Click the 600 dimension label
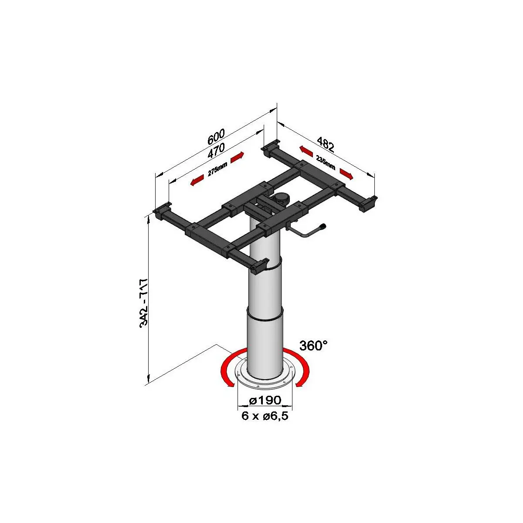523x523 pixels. coord(216,136)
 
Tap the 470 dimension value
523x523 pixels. coord(216,150)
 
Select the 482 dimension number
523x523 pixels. coord(325,144)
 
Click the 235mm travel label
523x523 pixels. coord(326,162)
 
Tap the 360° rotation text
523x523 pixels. coord(313,346)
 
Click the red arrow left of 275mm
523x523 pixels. coord(197,180)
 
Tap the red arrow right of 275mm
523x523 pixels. coord(237,157)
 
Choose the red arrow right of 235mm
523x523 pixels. coord(346,174)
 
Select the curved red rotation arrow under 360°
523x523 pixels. coord(304,369)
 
